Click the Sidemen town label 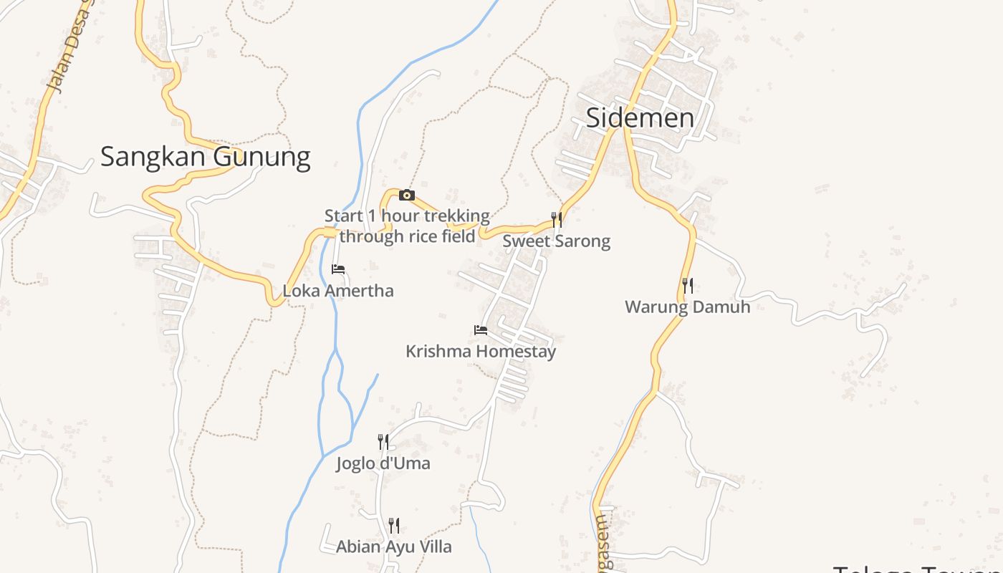(640, 118)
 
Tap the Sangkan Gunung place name (205, 157)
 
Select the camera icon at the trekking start (406, 195)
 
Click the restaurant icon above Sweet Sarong (556, 219)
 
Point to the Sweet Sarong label (556, 241)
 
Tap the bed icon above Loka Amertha (338, 269)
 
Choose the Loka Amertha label (338, 292)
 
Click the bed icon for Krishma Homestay (481, 330)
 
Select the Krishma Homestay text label (481, 352)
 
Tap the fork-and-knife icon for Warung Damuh (687, 286)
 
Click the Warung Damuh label (687, 307)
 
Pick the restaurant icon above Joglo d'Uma (383, 441)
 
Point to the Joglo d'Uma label (383, 463)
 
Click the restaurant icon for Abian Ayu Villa (394, 525)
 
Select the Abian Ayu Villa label (394, 547)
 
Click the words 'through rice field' (407, 236)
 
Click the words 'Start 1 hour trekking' (407, 216)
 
